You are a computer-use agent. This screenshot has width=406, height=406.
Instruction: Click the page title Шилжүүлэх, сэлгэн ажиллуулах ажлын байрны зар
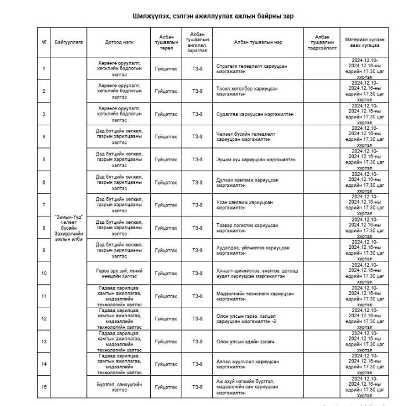pyautogui.click(x=202, y=17)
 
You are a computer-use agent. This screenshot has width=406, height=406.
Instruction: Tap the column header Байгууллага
pyautogui.click(x=69, y=42)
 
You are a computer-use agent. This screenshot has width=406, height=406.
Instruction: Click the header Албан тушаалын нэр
pyautogui.click(x=258, y=42)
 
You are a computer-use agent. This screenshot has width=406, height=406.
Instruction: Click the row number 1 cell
pyautogui.click(x=44, y=68)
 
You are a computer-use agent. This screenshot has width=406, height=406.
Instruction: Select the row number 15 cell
pyautogui.click(x=44, y=386)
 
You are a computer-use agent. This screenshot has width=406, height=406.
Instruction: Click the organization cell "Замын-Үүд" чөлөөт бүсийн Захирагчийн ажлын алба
pyautogui.click(x=69, y=227)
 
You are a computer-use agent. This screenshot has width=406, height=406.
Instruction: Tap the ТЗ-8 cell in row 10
pyautogui.click(x=197, y=273)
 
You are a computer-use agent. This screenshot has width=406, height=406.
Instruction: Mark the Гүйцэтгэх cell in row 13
pyautogui.click(x=166, y=341)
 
